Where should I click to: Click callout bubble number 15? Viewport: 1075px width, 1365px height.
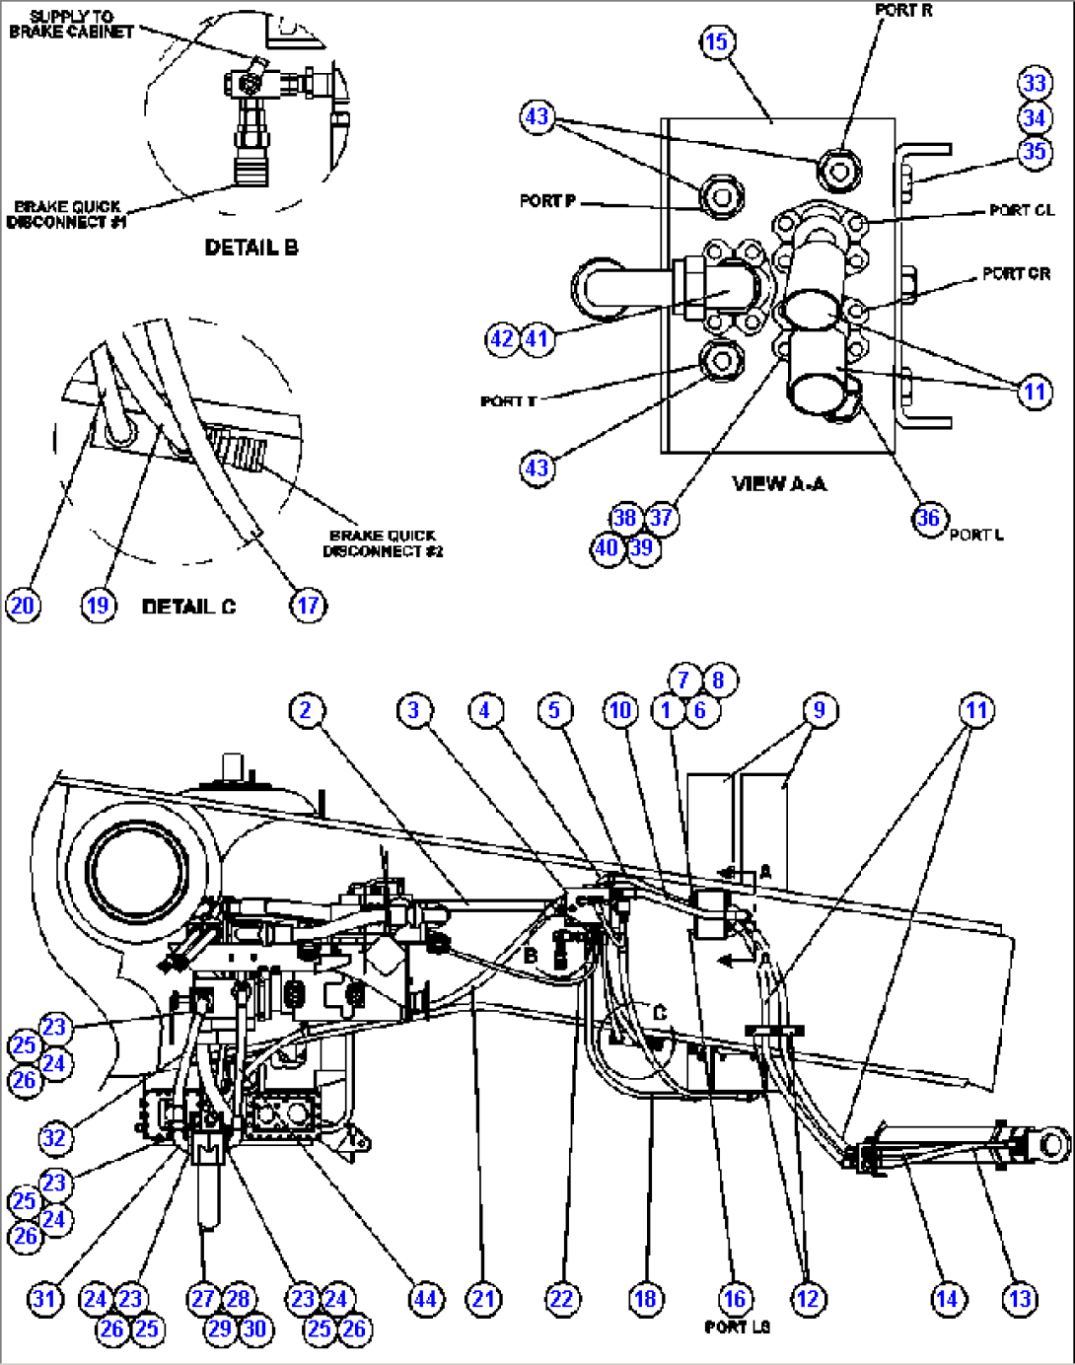click(x=717, y=42)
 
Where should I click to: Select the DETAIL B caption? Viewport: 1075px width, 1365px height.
click(x=251, y=248)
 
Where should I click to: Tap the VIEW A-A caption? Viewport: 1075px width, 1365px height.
click(x=779, y=483)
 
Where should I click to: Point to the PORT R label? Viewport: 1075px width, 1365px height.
click(x=903, y=11)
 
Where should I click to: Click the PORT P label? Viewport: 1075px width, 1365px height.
click(x=547, y=201)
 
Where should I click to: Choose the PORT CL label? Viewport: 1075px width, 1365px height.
click(x=1022, y=210)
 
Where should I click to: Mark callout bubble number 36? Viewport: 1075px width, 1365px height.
click(x=928, y=519)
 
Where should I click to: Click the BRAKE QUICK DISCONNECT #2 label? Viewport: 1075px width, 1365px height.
click(x=383, y=543)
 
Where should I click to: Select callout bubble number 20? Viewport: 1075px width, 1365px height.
click(x=24, y=605)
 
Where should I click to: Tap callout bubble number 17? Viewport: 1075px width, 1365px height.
click(x=308, y=605)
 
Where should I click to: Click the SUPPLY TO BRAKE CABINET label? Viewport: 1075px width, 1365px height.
click(x=71, y=24)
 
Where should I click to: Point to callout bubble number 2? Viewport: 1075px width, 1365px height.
click(x=306, y=710)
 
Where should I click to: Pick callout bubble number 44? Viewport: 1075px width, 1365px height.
click(x=425, y=1299)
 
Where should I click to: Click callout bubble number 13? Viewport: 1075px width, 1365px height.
click(x=1020, y=1299)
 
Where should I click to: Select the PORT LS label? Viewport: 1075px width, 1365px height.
click(x=737, y=1328)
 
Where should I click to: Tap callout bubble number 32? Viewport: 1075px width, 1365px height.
click(x=53, y=1138)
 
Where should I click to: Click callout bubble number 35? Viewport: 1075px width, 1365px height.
click(x=1035, y=152)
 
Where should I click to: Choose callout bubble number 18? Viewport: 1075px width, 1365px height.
click(x=645, y=1299)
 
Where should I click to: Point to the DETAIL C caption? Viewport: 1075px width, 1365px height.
click(x=189, y=607)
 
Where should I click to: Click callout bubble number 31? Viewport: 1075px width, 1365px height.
click(x=44, y=1299)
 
